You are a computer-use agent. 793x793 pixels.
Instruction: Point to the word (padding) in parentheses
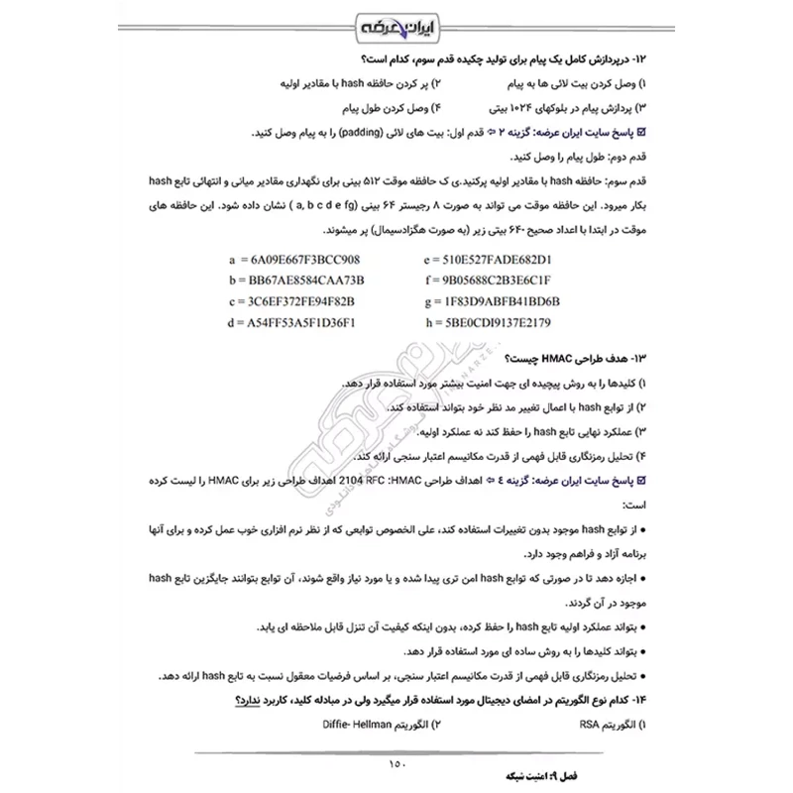click(x=367, y=132)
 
